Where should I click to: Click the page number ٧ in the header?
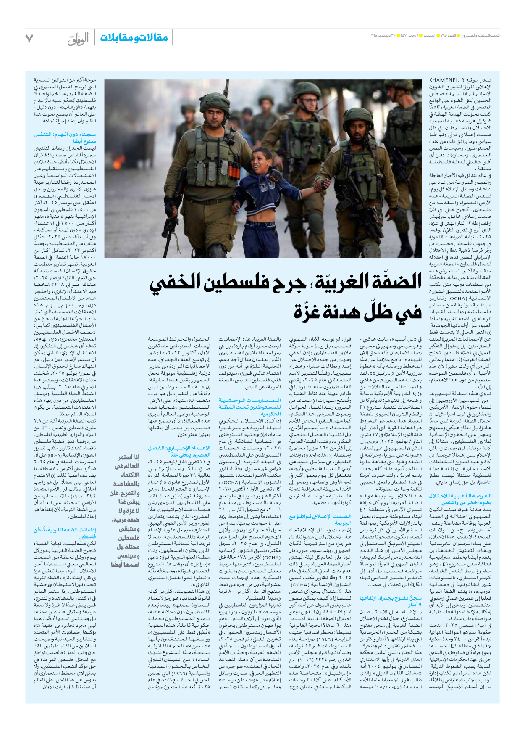[x=29, y=38]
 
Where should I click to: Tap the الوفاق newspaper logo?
[x=78, y=39]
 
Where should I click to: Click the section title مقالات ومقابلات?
[x=134, y=38]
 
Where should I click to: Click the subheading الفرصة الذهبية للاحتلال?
[x=459, y=499]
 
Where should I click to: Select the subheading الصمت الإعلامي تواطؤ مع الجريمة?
[x=320, y=520]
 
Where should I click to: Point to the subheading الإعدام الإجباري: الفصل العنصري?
[x=179, y=452]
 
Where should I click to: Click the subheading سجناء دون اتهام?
[x=65, y=138]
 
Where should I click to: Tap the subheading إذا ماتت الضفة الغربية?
[x=65, y=533]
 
